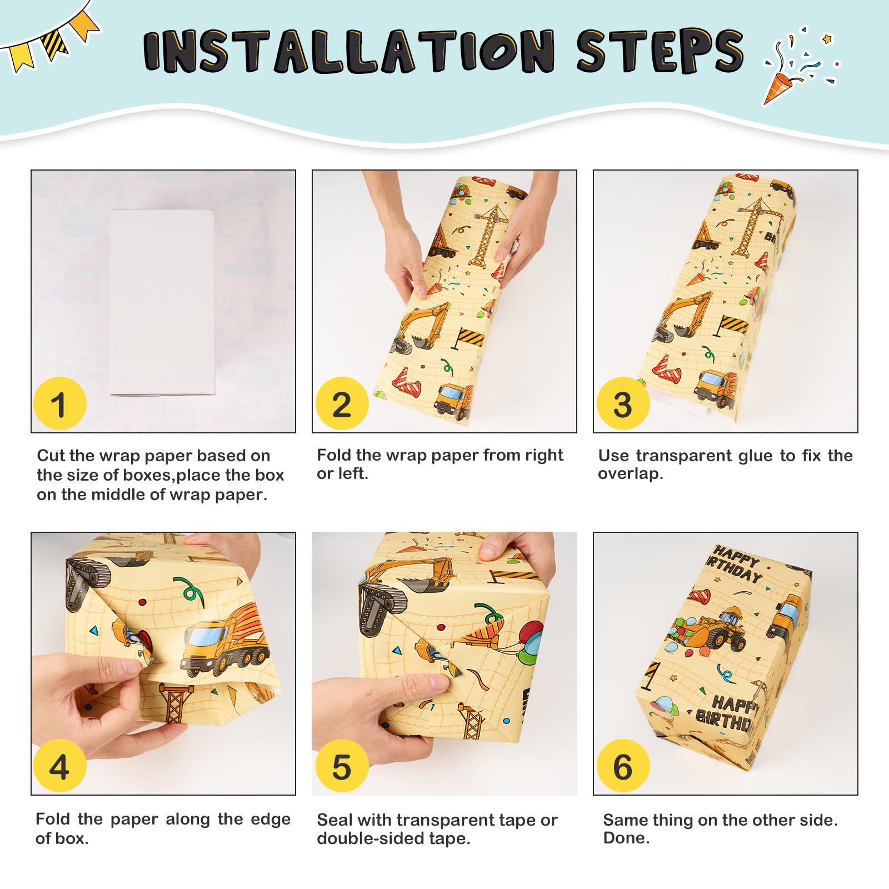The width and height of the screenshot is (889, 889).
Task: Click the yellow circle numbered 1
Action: pos(60,403)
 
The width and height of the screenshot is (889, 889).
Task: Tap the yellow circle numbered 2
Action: pos(342,403)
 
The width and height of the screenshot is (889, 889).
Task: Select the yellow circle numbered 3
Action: pos(623,403)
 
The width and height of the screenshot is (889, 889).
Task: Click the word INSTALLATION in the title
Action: pos(349,51)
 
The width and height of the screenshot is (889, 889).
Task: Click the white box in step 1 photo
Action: pos(162,302)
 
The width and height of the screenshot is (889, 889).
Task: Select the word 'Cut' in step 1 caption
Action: pos(51,456)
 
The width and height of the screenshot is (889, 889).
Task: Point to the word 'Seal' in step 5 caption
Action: pos(334,820)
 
